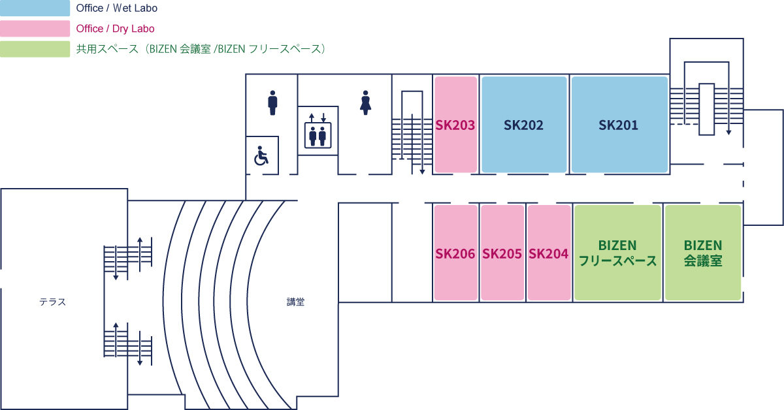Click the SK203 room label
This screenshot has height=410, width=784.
click(455, 125)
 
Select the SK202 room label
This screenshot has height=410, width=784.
click(523, 125)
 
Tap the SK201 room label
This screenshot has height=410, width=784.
click(619, 125)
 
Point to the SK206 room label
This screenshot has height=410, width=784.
click(455, 253)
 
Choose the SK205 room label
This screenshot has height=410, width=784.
click(502, 253)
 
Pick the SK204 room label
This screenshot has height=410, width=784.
click(548, 253)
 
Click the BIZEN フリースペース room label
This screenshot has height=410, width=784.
click(618, 253)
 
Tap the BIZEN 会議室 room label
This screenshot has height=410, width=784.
click(703, 253)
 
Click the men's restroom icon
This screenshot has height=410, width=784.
click(272, 102)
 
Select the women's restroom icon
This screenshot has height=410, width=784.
click(365, 102)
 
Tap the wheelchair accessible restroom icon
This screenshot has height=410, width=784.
click(261, 155)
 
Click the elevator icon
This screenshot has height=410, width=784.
click(318, 131)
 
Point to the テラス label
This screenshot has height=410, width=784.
click(52, 302)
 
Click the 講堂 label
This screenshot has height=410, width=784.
click(295, 302)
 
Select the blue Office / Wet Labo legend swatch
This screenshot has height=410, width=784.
click(35, 8)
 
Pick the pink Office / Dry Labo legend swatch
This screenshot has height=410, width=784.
click(35, 28)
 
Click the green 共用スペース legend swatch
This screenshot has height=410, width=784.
click(35, 49)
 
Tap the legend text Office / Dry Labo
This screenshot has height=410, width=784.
click(115, 29)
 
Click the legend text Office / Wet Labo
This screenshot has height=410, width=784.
click(116, 8)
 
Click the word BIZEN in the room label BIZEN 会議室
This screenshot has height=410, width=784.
click(703, 245)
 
